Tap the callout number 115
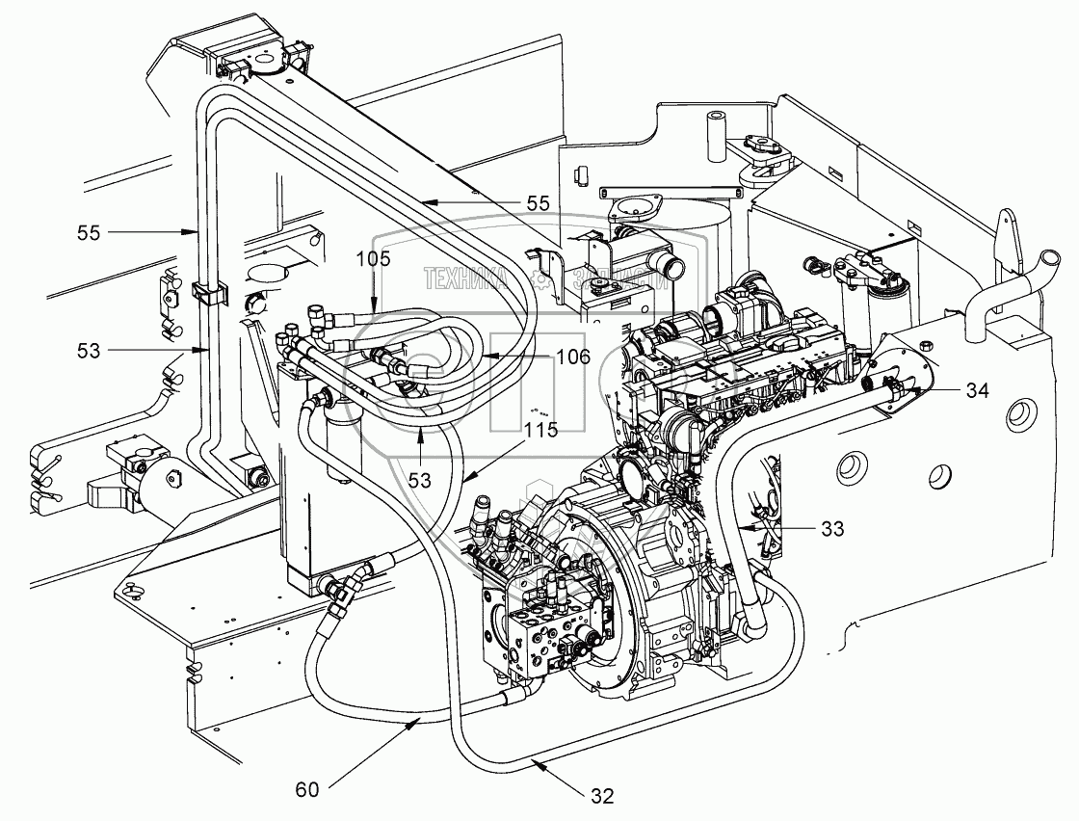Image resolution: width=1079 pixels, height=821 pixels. coord(541,431)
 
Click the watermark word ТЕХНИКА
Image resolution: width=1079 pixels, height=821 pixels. coord(465,279)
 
